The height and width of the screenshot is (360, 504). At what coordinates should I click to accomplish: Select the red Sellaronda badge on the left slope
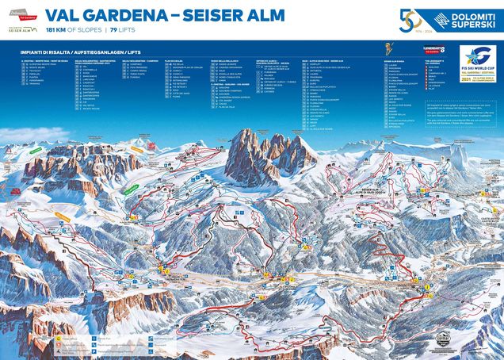click(x=16, y=190)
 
